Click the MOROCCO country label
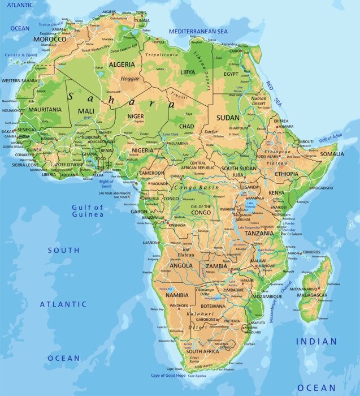(x=50, y=40)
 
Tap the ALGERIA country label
(x=122, y=64)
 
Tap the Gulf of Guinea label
(x=88, y=210)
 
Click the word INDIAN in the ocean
(x=316, y=342)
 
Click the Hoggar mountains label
(x=130, y=79)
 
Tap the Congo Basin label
(x=196, y=187)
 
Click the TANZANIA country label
(x=259, y=233)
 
